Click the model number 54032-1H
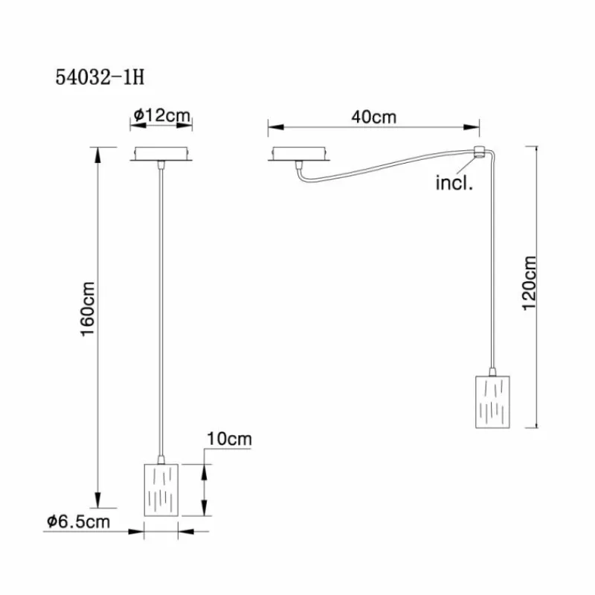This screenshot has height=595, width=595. [x=100, y=77]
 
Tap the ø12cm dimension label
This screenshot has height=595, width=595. [x=161, y=115]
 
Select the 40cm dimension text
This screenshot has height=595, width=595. [x=374, y=117]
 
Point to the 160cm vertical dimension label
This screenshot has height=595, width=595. [x=88, y=309]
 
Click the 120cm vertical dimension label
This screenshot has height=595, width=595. [x=530, y=283]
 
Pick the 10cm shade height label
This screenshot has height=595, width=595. [x=229, y=439]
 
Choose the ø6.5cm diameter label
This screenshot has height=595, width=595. [x=79, y=522]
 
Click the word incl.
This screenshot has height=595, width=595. [x=454, y=183]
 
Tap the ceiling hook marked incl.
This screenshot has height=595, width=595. [x=479, y=151]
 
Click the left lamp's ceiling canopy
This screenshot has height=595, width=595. [x=161, y=154]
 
